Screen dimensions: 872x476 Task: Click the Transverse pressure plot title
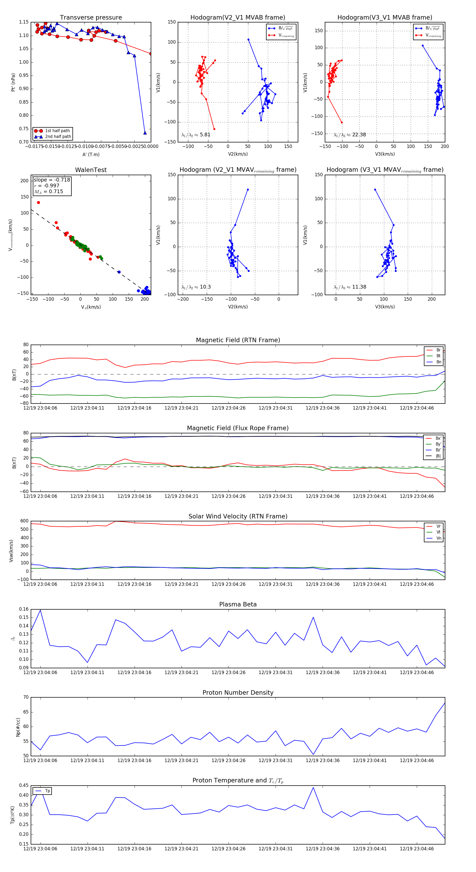tap(91, 18)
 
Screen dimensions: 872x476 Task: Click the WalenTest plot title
tap(91, 170)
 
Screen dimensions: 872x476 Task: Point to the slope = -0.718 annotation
tap(52, 180)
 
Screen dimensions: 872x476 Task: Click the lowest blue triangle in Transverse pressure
tap(145, 133)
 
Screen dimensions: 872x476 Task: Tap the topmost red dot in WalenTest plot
tap(39, 202)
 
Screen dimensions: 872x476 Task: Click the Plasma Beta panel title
tap(238, 605)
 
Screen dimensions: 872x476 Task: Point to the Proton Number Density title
tap(238, 693)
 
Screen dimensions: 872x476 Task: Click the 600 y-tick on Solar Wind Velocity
tap(24, 521)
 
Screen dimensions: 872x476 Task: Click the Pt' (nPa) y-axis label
tap(13, 82)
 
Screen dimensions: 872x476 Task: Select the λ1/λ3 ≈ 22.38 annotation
tap(350, 135)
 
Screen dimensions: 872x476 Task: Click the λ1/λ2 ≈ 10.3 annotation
tap(196, 287)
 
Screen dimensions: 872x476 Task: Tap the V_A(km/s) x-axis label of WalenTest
tap(91, 307)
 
